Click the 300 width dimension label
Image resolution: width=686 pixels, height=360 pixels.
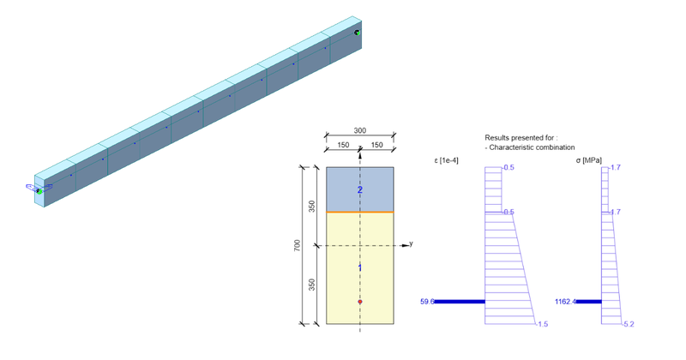pyautogui.click(x=360, y=131)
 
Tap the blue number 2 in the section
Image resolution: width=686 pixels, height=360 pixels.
pyautogui.click(x=360, y=189)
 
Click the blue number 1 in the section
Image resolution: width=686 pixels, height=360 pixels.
pyautogui.click(x=360, y=268)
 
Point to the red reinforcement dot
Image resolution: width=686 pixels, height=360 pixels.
pyautogui.click(x=360, y=302)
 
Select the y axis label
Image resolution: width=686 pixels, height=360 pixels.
pyautogui.click(x=412, y=244)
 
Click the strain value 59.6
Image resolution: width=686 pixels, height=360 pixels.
pyautogui.click(x=427, y=302)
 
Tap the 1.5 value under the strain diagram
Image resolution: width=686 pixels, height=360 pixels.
pyautogui.click(x=542, y=324)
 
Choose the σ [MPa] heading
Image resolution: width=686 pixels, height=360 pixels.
pyautogui.click(x=585, y=159)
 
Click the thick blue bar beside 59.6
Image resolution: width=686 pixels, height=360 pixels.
pyautogui.click(x=460, y=302)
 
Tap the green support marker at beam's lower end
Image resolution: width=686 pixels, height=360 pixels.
pyautogui.click(x=39, y=191)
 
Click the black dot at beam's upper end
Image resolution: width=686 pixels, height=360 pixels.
pyautogui.click(x=357, y=33)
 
